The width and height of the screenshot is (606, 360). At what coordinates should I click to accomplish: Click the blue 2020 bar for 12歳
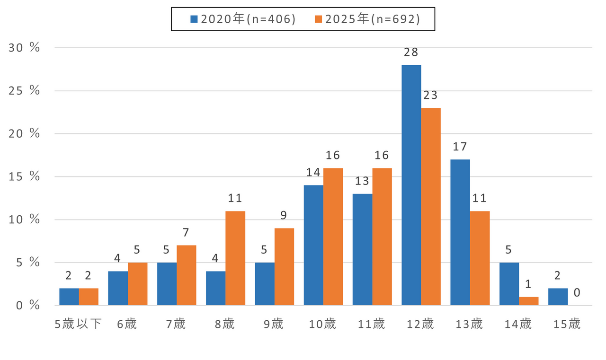click(411, 185)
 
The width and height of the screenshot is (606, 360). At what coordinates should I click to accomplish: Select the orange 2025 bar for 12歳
click(431, 206)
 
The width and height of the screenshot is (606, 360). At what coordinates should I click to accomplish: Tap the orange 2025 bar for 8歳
click(235, 258)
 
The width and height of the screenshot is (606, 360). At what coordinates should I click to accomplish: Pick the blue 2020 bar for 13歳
click(460, 232)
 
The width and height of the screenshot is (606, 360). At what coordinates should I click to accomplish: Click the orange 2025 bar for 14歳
click(528, 301)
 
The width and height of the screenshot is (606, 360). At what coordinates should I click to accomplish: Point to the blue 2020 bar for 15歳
click(558, 297)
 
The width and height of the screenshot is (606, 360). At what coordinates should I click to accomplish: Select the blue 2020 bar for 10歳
click(313, 245)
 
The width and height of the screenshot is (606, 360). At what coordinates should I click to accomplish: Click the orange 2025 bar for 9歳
click(284, 266)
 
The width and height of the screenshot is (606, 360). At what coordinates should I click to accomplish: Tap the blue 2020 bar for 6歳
click(118, 288)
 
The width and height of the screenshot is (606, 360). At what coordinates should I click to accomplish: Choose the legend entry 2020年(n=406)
click(243, 19)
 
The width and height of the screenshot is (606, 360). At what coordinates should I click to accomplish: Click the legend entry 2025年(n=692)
click(367, 19)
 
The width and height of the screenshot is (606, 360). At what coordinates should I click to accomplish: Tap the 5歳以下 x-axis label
click(78, 324)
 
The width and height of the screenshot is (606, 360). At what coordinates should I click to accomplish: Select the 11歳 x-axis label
click(372, 324)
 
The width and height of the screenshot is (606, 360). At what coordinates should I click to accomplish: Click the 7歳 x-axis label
click(176, 324)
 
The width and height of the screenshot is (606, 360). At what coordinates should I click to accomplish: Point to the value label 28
click(411, 52)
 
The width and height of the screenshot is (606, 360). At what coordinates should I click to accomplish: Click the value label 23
click(431, 95)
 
